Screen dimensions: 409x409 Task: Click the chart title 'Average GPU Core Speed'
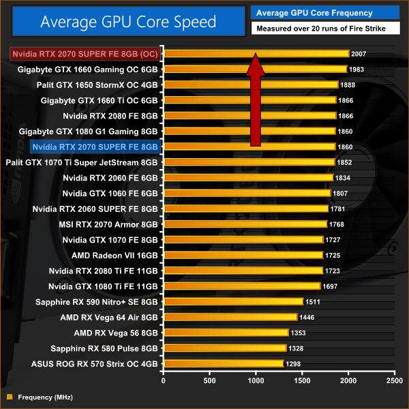(128, 22)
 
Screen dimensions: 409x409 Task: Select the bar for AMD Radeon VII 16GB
(243, 255)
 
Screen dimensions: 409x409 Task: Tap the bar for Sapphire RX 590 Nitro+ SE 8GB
(232, 301)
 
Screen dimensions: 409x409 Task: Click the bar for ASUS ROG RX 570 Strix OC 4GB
(223, 363)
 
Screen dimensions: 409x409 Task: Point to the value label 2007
(359, 53)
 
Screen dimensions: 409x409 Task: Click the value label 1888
(348, 85)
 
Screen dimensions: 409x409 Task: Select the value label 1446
(307, 317)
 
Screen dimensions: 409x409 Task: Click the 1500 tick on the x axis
(302, 380)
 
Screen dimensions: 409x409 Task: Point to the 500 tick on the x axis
(209, 380)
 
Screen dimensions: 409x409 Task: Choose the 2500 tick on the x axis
(393, 380)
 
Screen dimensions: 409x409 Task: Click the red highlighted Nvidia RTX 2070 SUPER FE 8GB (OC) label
(85, 53)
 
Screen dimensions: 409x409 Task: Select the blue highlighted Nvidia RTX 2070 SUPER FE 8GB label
(95, 147)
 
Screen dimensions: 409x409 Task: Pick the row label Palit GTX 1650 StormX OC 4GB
(97, 85)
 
